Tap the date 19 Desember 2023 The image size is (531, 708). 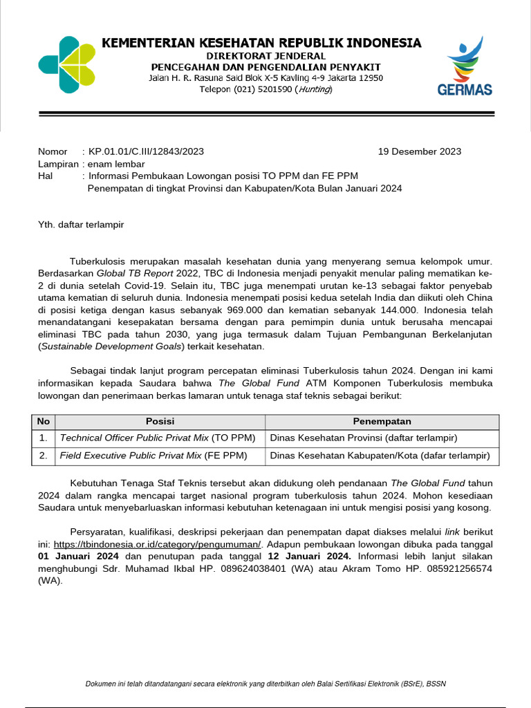tap(420, 151)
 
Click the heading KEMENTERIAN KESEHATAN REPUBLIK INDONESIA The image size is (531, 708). tap(261, 43)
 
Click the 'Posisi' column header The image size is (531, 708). tap(160, 422)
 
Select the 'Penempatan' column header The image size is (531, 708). tap(382, 422)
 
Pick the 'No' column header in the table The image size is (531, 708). tap(44, 422)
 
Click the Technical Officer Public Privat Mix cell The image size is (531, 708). tap(158, 438)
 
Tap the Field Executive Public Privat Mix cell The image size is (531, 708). tap(152, 456)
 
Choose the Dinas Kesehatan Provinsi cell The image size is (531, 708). tap(364, 438)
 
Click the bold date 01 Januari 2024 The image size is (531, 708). tap(78, 556)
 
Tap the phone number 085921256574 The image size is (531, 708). tap(460, 568)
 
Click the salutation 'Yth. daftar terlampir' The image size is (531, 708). tap(81, 224)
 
